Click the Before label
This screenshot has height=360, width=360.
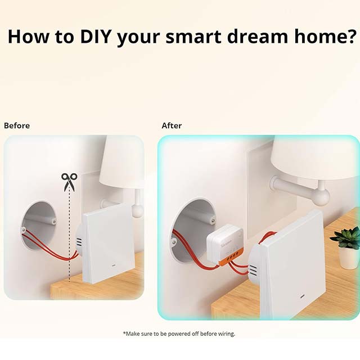click(17, 125)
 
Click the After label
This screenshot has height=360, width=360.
click(172, 125)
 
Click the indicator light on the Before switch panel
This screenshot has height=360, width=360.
click(114, 266)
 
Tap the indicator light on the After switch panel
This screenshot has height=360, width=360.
click(301, 296)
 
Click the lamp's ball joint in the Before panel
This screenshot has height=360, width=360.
click(137, 210)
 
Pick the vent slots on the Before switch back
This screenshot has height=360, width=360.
click(79, 243)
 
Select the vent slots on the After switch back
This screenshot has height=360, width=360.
click(253, 271)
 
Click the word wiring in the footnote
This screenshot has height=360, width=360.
click(226, 334)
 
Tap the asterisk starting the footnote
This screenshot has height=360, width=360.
click(124, 332)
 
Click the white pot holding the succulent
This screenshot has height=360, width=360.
click(349, 258)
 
